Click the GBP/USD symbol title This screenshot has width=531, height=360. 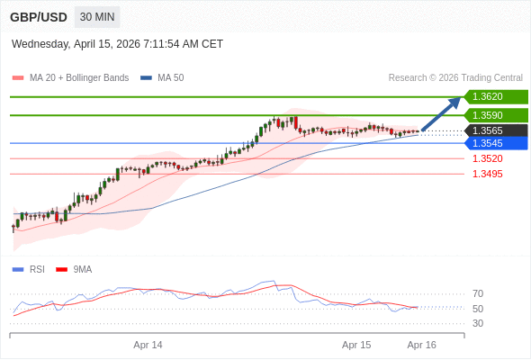point(38,17)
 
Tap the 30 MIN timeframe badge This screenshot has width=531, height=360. point(97,17)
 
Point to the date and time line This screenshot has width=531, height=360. point(117,44)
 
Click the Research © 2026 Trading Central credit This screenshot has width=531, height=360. point(455,78)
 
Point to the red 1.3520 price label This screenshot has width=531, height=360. point(487,158)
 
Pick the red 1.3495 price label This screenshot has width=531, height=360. point(487,174)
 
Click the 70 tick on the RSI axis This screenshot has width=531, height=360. point(478,293)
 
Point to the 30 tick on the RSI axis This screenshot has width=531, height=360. point(478,323)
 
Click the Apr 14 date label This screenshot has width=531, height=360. point(148,345)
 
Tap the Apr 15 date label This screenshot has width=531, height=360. point(356,345)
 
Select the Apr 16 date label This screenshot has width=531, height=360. point(421,345)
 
